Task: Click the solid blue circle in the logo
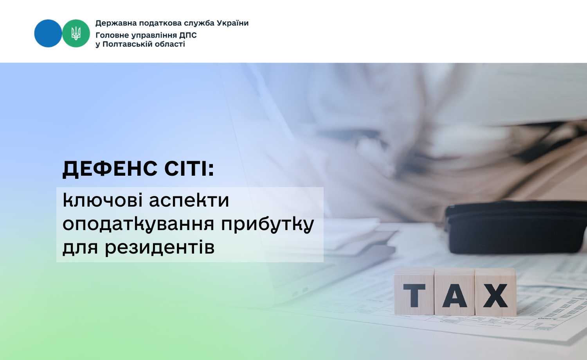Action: click(x=48, y=33)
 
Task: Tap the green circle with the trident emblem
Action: click(x=76, y=33)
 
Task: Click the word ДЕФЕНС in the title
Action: click(x=110, y=169)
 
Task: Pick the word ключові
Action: click(x=103, y=200)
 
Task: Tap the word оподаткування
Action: click(x=139, y=225)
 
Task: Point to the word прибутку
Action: click(x=268, y=224)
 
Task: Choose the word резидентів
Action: click(x=160, y=248)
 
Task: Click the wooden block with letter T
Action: click(x=414, y=292)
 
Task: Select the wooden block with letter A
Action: click(x=455, y=292)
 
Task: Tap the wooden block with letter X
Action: click(x=495, y=292)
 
